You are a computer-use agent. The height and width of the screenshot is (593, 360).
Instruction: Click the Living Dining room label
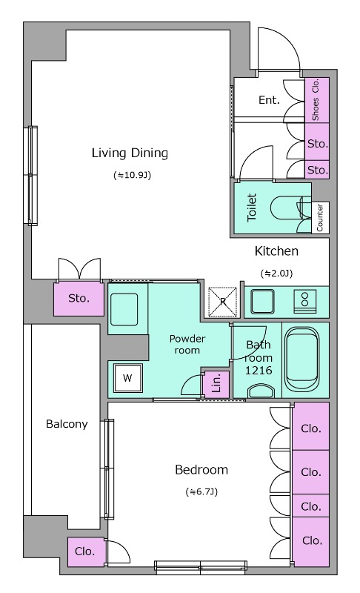(130, 153)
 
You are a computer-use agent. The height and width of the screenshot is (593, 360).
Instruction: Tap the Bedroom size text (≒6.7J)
(201, 491)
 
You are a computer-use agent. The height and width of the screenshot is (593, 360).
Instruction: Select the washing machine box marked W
(127, 378)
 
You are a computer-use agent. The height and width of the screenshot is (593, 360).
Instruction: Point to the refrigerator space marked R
(223, 302)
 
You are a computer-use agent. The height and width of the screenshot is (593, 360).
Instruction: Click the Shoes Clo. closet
(316, 100)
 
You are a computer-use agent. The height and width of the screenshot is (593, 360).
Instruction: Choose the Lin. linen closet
(216, 384)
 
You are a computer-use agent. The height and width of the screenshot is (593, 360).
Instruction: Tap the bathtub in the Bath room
(301, 360)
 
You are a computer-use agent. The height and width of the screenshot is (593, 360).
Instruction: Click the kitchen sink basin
(262, 302)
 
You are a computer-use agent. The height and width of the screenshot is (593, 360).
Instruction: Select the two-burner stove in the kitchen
(305, 302)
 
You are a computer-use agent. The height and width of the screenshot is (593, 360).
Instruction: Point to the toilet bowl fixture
(285, 208)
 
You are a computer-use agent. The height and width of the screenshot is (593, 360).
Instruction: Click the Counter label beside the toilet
(320, 217)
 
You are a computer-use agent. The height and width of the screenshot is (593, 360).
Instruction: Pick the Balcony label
(67, 424)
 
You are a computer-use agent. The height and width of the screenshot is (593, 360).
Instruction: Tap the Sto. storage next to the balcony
(79, 299)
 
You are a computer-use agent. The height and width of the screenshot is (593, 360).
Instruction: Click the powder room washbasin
(124, 309)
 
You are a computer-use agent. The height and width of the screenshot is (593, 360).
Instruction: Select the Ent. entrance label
(269, 100)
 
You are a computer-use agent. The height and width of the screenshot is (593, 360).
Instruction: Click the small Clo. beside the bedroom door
(84, 551)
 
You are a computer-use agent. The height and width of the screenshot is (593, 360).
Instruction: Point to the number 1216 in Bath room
(259, 370)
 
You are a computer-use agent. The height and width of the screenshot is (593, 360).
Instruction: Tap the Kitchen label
(276, 251)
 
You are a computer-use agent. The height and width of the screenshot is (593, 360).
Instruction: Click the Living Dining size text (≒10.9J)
(132, 175)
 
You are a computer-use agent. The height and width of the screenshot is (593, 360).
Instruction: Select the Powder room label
(187, 344)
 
